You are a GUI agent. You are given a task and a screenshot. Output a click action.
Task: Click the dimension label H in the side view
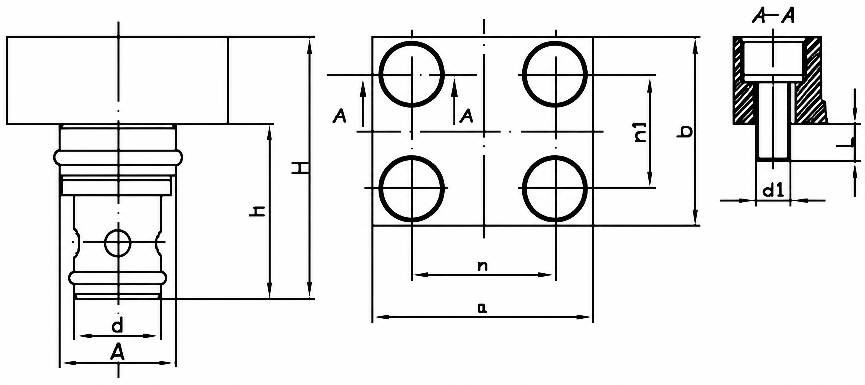300,168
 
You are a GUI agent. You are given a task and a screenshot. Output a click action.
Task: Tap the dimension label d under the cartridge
117,326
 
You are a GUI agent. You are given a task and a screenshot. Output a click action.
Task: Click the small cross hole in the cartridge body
117,242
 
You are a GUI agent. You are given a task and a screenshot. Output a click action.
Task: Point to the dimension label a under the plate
482,308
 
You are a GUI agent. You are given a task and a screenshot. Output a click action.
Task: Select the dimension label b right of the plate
685,132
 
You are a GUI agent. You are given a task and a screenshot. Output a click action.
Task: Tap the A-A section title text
773,16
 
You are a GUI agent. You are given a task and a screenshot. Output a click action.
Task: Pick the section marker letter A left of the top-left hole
340,116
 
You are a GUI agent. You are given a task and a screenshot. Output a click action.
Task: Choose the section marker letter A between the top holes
466,116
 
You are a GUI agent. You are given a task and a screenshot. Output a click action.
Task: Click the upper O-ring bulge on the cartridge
118,157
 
